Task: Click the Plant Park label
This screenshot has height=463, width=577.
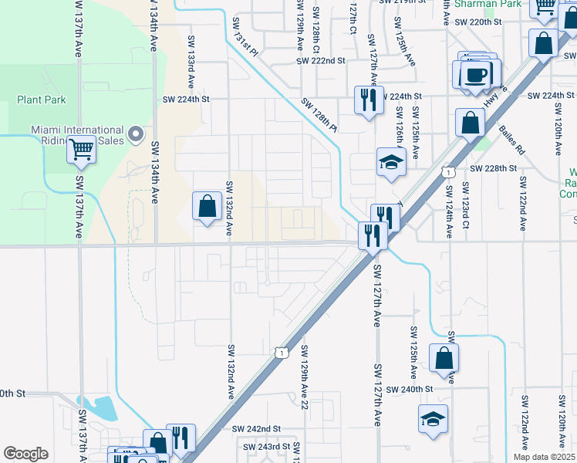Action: pos(42,100)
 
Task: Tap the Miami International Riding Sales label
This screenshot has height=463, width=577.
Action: pos(77,136)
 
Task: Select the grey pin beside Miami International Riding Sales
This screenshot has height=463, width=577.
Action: pos(136,135)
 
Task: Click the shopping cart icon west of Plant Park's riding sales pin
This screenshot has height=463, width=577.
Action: pos(81,148)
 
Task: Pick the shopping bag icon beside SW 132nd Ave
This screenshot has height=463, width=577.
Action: pos(207,206)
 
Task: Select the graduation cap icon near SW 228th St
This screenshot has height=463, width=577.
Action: pos(390,161)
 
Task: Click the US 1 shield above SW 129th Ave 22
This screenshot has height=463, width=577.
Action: pos(282,353)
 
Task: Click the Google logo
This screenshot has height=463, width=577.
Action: pos(25,454)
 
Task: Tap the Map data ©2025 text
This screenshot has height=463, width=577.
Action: pos(544,457)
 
